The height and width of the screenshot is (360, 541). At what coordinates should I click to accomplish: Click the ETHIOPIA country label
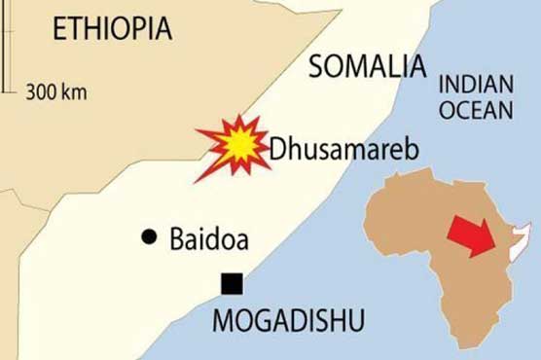(x=113, y=28)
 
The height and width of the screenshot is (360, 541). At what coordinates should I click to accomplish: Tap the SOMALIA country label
(x=368, y=68)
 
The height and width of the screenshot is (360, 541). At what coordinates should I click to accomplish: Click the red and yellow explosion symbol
(x=234, y=147)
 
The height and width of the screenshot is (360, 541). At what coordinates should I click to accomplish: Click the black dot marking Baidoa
(x=148, y=235)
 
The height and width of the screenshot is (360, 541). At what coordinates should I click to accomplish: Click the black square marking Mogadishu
(x=232, y=284)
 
